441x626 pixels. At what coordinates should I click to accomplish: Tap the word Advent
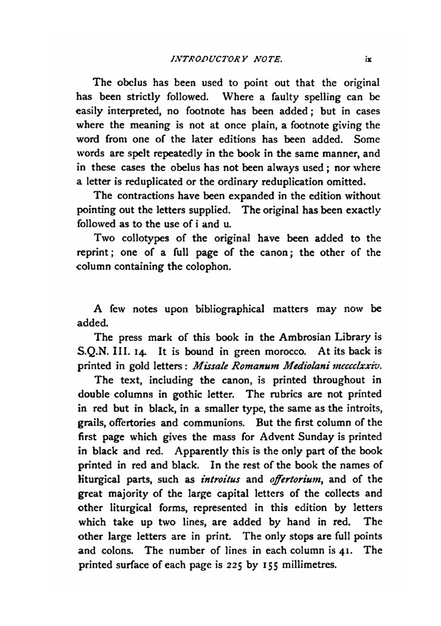point(279,437)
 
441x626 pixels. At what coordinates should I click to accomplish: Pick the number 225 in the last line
point(236,565)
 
